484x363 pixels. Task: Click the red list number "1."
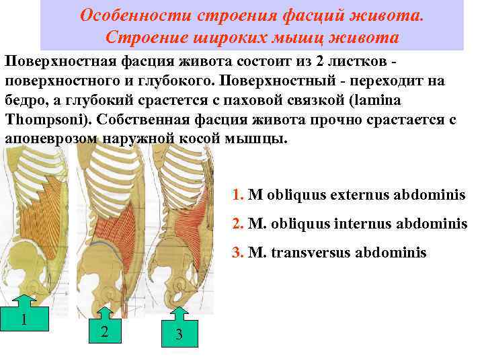point(237,195)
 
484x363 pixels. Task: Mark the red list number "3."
point(237,253)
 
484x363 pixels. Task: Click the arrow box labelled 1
point(24,317)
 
